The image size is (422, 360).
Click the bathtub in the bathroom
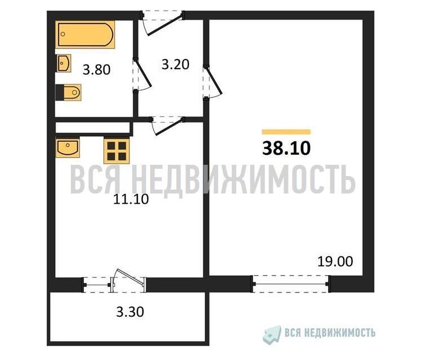[85, 34]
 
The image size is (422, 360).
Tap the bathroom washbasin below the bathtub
[64, 63]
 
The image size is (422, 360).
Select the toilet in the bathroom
[69, 93]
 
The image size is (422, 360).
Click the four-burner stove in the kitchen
[117, 150]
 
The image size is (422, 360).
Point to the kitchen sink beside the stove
[68, 147]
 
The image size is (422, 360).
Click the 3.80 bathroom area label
[97, 70]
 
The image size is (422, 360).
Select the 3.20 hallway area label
[176, 65]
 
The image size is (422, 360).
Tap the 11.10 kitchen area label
[131, 199]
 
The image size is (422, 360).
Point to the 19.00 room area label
[335, 262]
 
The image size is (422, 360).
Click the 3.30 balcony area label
[131, 312]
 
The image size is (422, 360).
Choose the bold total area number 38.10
[286, 148]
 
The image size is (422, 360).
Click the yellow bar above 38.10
[286, 132]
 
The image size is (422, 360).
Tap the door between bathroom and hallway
[142, 75]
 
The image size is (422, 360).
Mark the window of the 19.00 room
[290, 284]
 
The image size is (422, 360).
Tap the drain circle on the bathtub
[63, 34]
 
